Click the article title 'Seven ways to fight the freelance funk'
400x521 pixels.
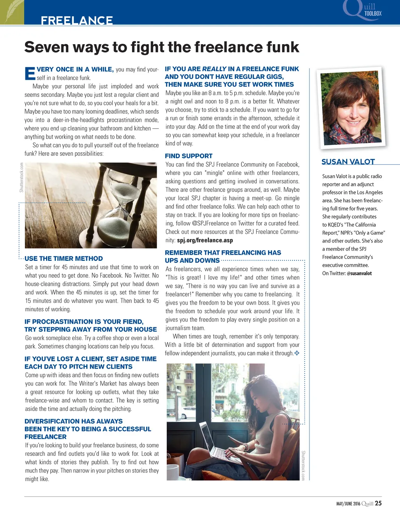pyautogui.click(x=161, y=47)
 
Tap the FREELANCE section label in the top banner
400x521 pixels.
pyautogui.click(x=77, y=20)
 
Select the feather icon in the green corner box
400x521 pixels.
pyautogui.click(x=12, y=12)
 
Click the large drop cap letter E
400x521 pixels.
pyautogui.click(x=30, y=73)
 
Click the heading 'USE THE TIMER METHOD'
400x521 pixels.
pyautogui.click(x=64, y=259)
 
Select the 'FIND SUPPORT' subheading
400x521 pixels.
pyautogui.click(x=189, y=156)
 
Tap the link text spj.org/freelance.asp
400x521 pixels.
pyautogui.click(x=205, y=240)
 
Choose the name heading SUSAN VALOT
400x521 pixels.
pyautogui.click(x=348, y=162)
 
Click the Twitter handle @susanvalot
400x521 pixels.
pyautogui.click(x=359, y=273)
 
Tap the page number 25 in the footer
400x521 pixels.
pyautogui.click(x=378, y=503)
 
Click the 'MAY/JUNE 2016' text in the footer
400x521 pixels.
pyautogui.click(x=348, y=504)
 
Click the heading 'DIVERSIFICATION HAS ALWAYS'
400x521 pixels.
pyautogui.click(x=73, y=421)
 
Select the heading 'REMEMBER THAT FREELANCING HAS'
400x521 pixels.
pyautogui.click(x=223, y=253)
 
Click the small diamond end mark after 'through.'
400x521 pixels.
pyautogui.click(x=297, y=353)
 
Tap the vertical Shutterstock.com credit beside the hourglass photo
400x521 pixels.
pyautogui.click(x=21, y=177)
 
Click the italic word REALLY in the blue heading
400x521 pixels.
pyautogui.click(x=214, y=69)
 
